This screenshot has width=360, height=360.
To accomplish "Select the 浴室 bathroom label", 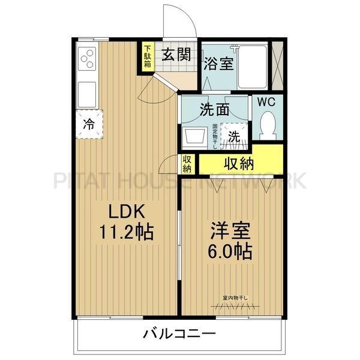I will [218, 63].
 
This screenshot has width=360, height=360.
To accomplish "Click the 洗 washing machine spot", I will [233, 136].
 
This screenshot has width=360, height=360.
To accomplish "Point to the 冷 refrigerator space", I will [89, 124].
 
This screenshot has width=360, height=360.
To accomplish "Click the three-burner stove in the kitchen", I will [88, 59].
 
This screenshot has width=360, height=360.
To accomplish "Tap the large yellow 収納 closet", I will [239, 163].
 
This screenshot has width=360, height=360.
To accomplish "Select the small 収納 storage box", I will [188, 163].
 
